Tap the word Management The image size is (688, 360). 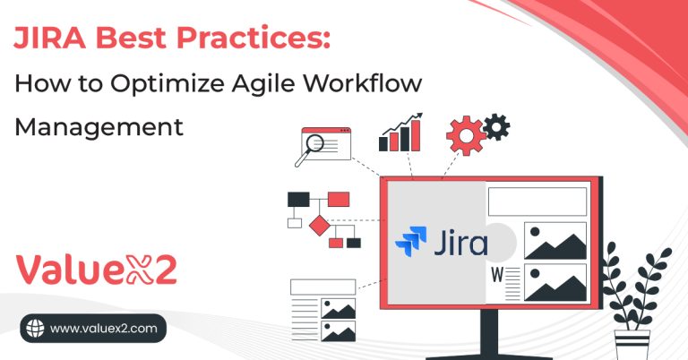(x=99, y=127)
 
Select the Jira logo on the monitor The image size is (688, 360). (x=441, y=243)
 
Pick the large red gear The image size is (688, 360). (x=463, y=136)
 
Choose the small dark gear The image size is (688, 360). (x=495, y=127)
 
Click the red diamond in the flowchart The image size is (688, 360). (x=319, y=225)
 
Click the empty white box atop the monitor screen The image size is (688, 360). (x=536, y=201)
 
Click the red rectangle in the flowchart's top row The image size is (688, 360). (x=338, y=199)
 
